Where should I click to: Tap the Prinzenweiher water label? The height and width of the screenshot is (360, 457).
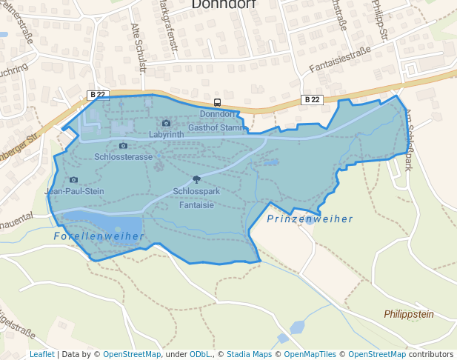pyautogui.click(x=310, y=219)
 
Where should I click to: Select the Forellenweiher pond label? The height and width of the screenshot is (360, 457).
pyautogui.click(x=99, y=236)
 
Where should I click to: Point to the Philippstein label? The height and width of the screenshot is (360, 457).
pyautogui.click(x=409, y=315)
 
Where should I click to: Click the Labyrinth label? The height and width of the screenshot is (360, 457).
pyautogui.click(x=166, y=135)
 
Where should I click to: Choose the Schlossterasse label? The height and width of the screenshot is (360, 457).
pyautogui.click(x=124, y=157)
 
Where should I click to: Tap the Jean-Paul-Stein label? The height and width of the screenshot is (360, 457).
pyautogui.click(x=74, y=191)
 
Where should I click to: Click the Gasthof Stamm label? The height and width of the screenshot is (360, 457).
pyautogui.click(x=216, y=128)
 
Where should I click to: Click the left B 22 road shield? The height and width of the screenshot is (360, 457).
pyautogui.click(x=98, y=94)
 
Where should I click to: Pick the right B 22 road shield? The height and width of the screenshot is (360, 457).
pyautogui.click(x=312, y=99)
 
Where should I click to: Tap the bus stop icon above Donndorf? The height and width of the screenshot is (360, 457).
pyautogui.click(x=217, y=103)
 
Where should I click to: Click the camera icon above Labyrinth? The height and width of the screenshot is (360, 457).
pyautogui.click(x=166, y=123)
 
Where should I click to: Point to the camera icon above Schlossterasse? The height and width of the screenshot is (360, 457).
pyautogui.click(x=123, y=145)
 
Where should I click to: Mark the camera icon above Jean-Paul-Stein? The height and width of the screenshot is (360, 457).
pyautogui.click(x=73, y=179)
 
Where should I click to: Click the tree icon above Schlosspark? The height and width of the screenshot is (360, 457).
pyautogui.click(x=196, y=179)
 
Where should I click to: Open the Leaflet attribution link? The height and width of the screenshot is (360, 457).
pyautogui.click(x=41, y=355)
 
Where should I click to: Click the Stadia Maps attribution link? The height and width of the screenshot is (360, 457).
pyautogui.click(x=249, y=355)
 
